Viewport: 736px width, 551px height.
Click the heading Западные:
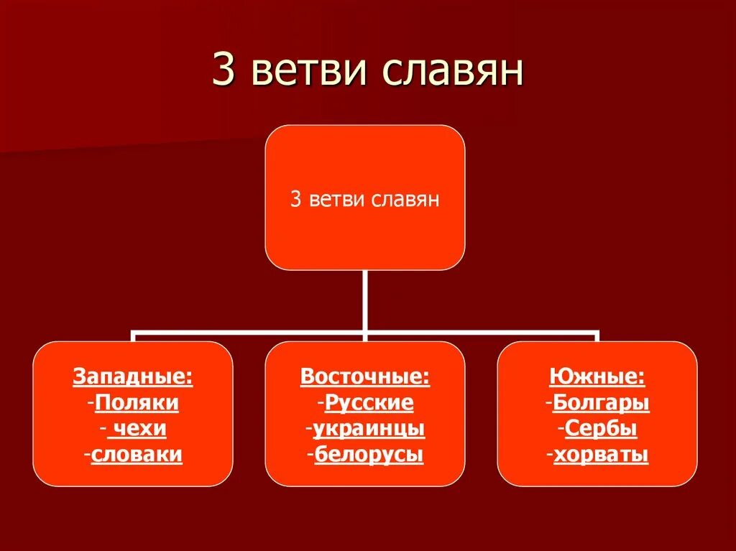click(133, 377)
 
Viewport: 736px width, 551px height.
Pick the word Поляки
click(137, 403)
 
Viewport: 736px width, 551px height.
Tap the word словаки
click(137, 455)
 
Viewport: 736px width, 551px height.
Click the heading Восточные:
click(365, 377)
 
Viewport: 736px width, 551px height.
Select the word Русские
click(369, 403)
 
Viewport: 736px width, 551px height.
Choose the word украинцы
click(369, 429)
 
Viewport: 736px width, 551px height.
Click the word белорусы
click(369, 455)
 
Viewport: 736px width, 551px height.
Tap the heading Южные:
click(597, 377)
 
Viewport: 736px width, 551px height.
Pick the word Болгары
click(601, 403)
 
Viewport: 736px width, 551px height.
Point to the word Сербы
click(601, 429)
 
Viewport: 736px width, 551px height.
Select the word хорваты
click(601, 455)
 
